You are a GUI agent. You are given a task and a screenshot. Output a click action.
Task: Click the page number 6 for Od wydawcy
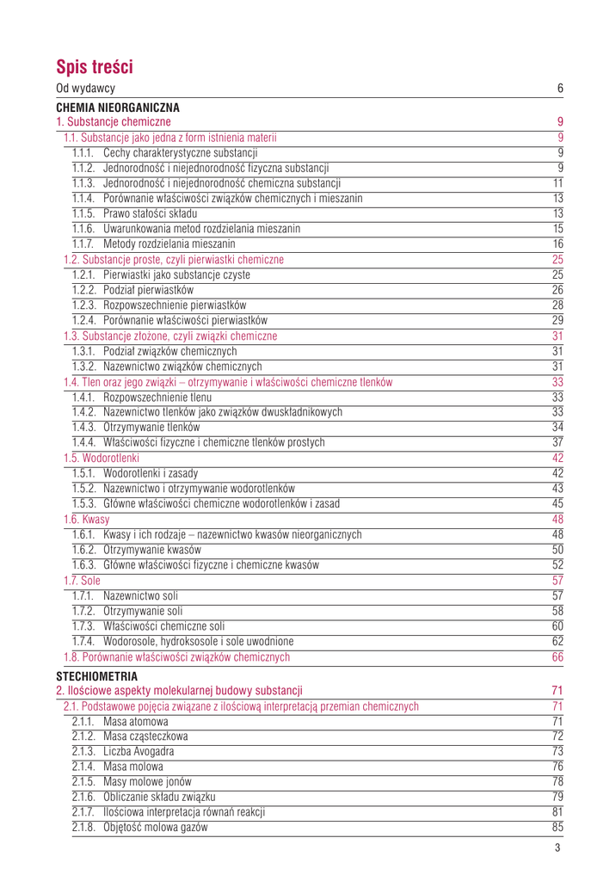click(x=560, y=89)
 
